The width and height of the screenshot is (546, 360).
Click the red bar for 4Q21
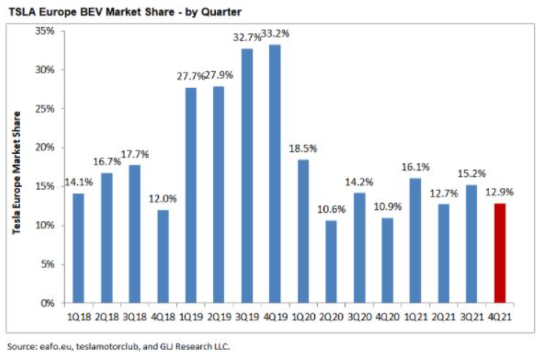[x=500, y=253]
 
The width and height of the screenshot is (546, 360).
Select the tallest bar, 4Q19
[x=275, y=174]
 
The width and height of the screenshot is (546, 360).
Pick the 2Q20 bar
[x=332, y=261]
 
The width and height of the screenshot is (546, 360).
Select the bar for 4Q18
[x=163, y=256]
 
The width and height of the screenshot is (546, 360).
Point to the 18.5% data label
[x=303, y=148]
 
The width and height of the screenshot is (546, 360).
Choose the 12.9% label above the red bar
[x=500, y=192]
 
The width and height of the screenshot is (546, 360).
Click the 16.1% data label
[x=415, y=167]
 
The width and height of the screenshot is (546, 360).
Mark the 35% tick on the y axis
[x=46, y=31]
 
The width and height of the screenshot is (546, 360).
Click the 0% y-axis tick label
[x=49, y=303]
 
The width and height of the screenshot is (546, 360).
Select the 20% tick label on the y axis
[x=46, y=147]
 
